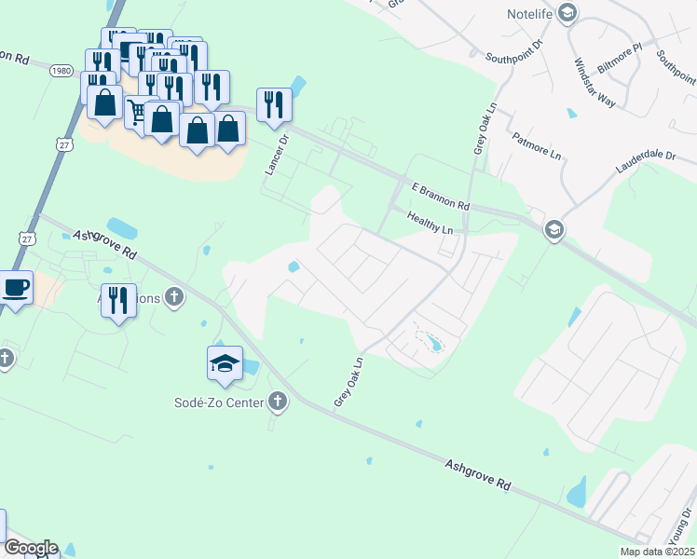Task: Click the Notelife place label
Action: (530, 13)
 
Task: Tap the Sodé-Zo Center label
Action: (221, 402)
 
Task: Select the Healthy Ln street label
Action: (430, 223)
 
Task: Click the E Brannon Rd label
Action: (438, 196)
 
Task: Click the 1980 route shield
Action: (62, 71)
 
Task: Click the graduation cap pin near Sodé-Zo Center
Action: (225, 363)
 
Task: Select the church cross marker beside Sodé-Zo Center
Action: (277, 402)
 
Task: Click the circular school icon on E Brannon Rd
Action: (554, 230)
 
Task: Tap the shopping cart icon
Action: (137, 112)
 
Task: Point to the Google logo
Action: (30, 548)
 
